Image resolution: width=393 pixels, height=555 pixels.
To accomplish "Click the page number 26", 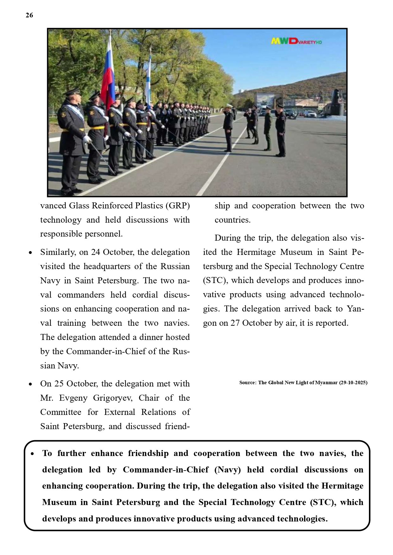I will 29,15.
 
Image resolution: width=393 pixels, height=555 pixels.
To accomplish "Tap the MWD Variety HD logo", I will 296,41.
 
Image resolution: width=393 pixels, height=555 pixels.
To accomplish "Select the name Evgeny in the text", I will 73,398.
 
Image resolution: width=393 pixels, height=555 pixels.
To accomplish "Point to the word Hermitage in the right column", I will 256,252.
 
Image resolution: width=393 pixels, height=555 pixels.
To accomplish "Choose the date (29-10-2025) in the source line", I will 353,383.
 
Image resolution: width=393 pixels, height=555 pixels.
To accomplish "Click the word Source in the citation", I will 247,383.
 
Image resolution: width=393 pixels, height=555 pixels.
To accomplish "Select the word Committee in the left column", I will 60,412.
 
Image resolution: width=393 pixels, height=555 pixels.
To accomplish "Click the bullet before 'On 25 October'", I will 30,384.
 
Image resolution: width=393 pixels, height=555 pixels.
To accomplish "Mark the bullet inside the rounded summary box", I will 32,454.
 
